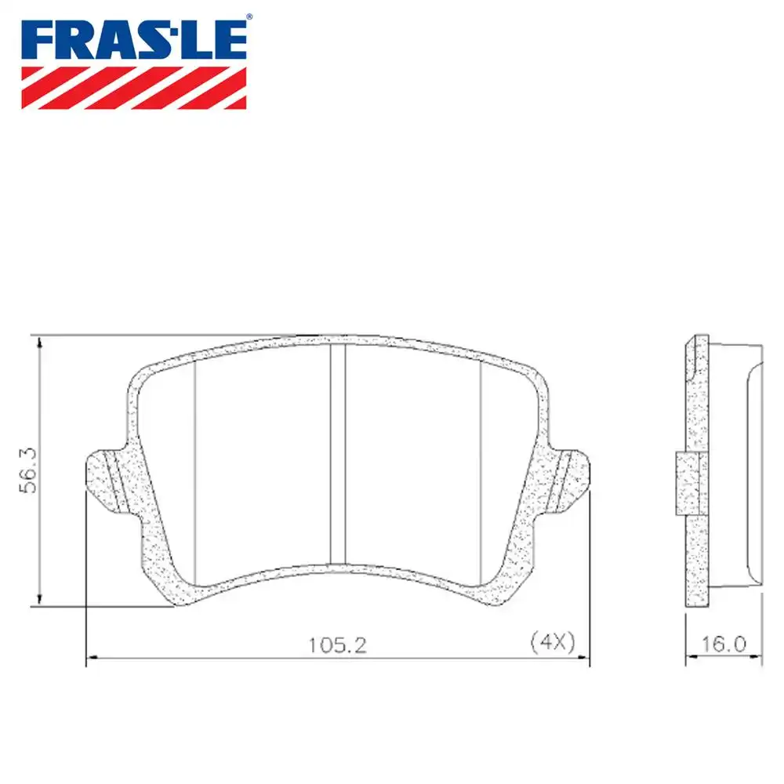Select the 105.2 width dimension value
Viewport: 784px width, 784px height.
pyautogui.click(x=337, y=645)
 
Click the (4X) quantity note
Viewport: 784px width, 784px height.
pyautogui.click(x=554, y=642)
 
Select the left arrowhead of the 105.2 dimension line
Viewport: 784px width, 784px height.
pyautogui.click(x=90, y=659)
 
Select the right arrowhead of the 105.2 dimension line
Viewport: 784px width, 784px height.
pyautogui.click(x=583, y=659)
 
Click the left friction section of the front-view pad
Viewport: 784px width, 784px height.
pyautogui.click(x=259, y=463)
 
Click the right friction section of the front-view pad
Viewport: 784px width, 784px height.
pyautogui.click(x=412, y=463)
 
